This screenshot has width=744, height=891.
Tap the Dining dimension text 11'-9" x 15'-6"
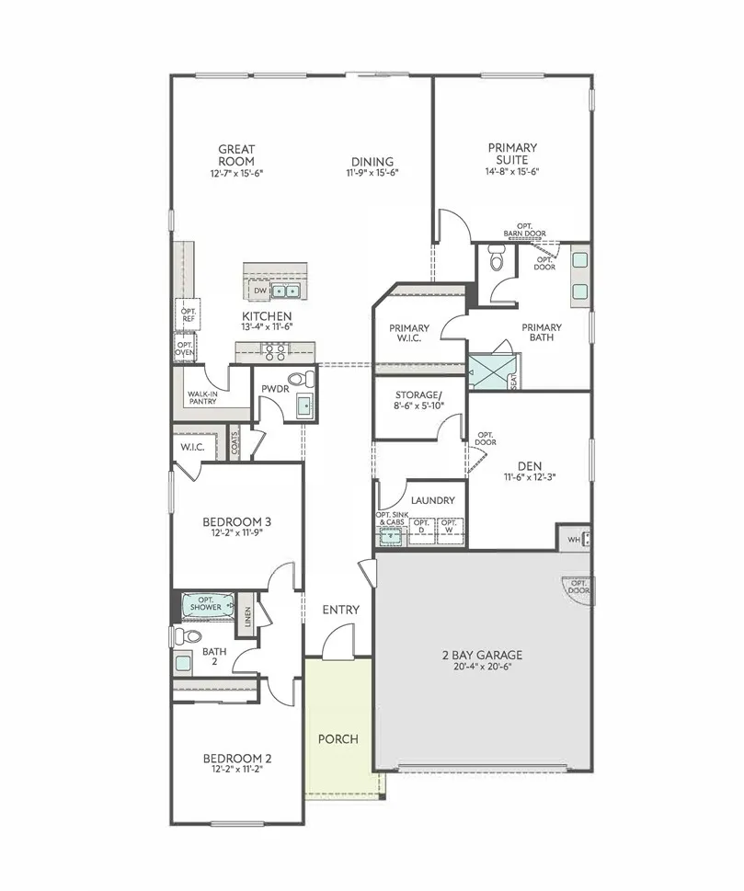(x=372, y=173)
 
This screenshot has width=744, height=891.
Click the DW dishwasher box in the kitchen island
(x=259, y=291)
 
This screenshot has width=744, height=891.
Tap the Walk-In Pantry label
(x=203, y=397)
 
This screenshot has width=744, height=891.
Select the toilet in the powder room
(x=300, y=379)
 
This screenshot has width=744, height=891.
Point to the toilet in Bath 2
(x=189, y=635)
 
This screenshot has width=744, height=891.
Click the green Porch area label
(x=338, y=738)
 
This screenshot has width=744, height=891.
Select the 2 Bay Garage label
(x=482, y=655)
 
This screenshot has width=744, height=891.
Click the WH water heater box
(x=574, y=539)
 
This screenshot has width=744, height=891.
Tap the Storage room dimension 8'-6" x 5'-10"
(x=418, y=406)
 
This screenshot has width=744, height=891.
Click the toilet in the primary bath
(x=498, y=262)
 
